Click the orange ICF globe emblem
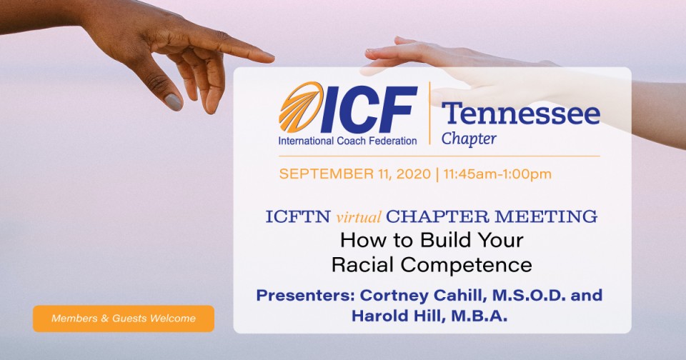coord(301,107)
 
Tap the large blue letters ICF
coord(369,109)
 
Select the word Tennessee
coord(521,114)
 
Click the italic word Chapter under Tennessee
coord(469,139)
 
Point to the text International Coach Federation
coord(347,141)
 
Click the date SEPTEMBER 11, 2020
coord(355,174)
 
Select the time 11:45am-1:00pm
coord(497,174)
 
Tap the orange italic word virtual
coord(358,217)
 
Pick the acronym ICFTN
coord(298,217)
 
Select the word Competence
coord(467,264)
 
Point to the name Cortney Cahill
coord(424,295)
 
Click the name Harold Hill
coord(398,316)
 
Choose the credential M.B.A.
coord(478,316)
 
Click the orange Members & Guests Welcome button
coord(124,319)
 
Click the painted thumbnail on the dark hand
coord(173,102)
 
